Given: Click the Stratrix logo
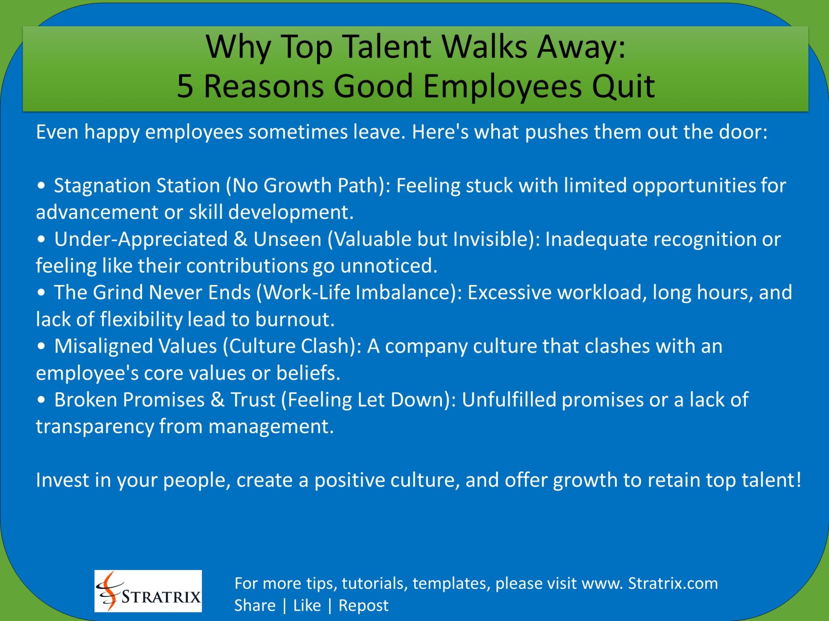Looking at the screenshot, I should coord(148,591).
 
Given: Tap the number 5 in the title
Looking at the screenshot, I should coord(185,86).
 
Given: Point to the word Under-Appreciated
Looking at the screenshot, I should coord(141,239).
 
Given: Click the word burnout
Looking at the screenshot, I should coord(295,319).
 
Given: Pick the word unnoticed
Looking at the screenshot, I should coord(389,266).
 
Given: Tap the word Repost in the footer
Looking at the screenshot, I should coord(363,605).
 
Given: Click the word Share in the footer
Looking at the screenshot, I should coord(255,605).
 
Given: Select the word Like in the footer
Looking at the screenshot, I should coord(307,605).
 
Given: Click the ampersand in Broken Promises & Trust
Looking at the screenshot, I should coord(217,399).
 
